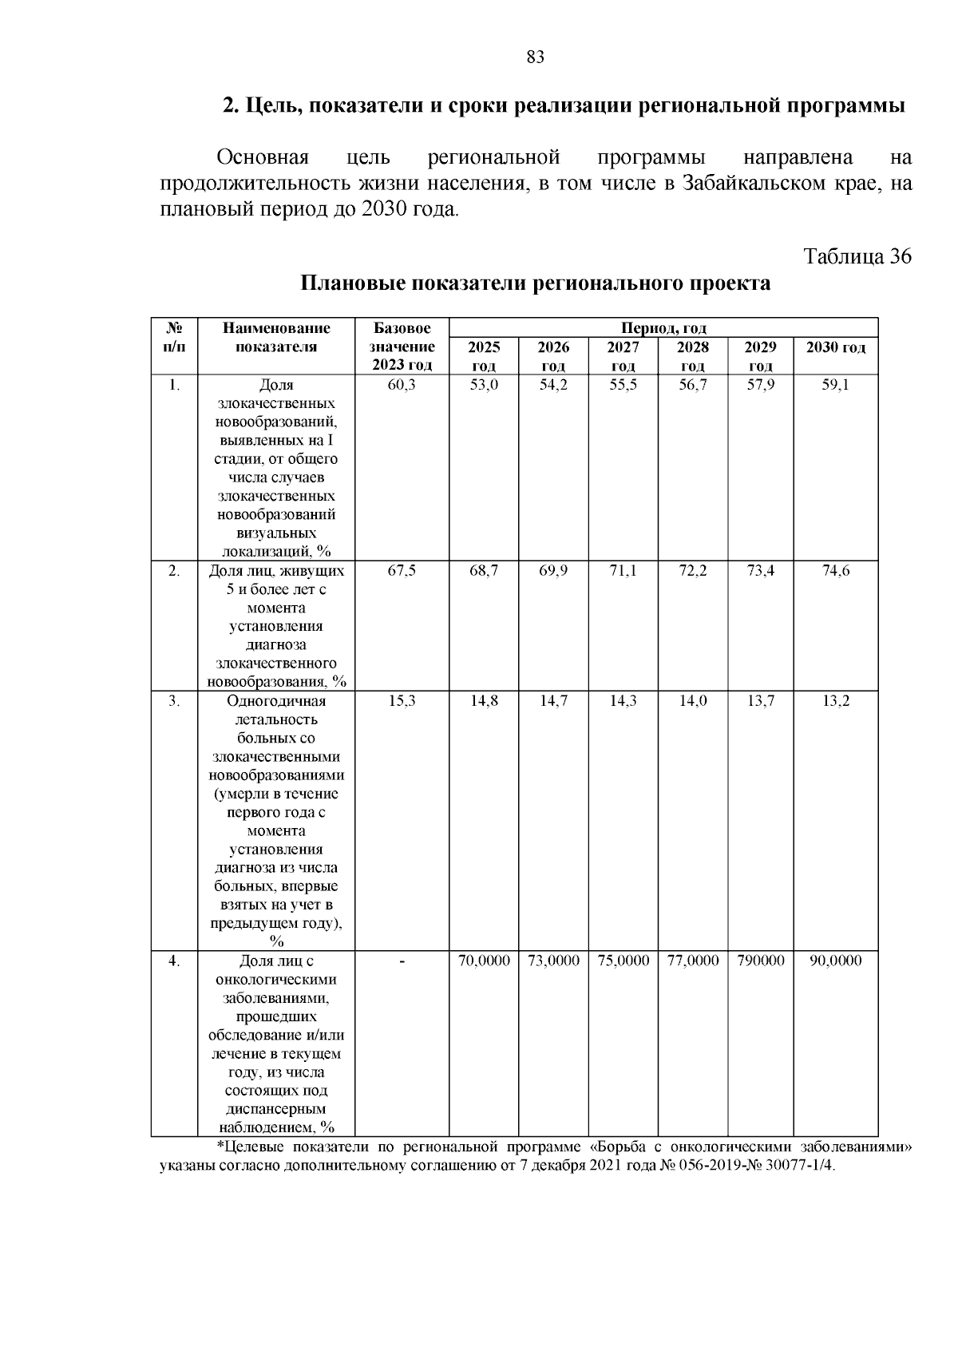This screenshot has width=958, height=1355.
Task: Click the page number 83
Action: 535,57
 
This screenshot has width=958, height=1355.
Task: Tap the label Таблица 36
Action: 857,256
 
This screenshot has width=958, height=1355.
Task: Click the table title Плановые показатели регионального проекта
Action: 535,283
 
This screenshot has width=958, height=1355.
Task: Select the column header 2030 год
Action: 835,347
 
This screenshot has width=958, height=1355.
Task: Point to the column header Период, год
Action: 663,328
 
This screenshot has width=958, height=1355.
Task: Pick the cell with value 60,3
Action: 402,385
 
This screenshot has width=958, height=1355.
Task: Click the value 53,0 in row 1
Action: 484,385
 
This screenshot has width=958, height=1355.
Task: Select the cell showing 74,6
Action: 836,570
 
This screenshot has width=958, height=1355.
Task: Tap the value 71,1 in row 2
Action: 623,570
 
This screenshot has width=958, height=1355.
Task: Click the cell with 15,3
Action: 402,700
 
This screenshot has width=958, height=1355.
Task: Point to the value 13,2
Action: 836,700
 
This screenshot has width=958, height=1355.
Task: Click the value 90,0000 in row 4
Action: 836,961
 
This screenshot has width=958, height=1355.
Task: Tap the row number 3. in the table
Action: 174,700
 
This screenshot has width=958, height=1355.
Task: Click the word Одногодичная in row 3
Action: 276,701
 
